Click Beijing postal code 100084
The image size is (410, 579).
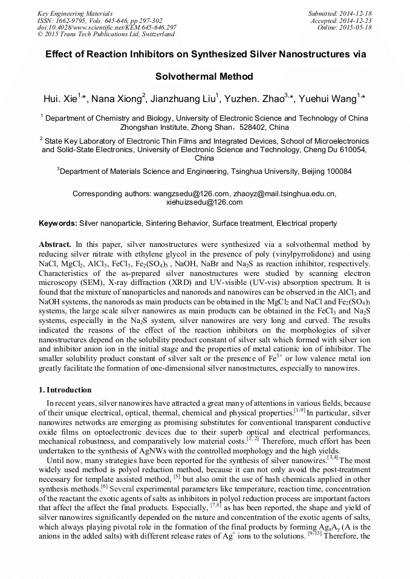point(333,171)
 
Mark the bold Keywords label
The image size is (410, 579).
point(58,223)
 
